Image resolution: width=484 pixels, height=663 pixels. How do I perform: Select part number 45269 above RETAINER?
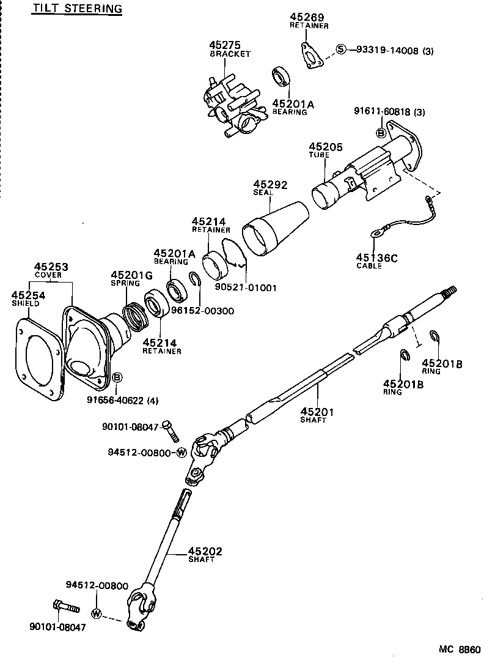point(307,17)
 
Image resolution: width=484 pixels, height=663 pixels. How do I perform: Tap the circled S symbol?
point(341,50)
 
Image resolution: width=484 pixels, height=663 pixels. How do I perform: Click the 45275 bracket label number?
point(225,45)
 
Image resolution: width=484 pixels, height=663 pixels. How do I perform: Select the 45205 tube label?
point(326,147)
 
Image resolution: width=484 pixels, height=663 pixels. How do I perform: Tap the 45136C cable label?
point(376,258)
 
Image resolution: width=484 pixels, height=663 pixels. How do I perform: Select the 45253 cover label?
point(51,267)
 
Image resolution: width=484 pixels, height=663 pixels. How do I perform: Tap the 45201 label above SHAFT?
point(317,412)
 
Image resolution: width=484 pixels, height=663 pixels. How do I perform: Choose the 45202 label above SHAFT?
point(205,552)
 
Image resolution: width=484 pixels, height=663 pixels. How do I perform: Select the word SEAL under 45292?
point(263,193)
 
